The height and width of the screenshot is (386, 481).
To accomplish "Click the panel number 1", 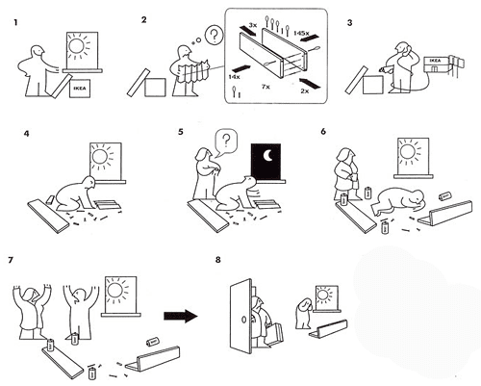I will tap(14, 20).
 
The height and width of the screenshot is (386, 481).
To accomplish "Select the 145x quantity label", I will tap(301, 31).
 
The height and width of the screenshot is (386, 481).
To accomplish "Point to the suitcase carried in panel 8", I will tap(272, 335).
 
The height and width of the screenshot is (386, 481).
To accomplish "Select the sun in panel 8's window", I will tap(329, 292).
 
